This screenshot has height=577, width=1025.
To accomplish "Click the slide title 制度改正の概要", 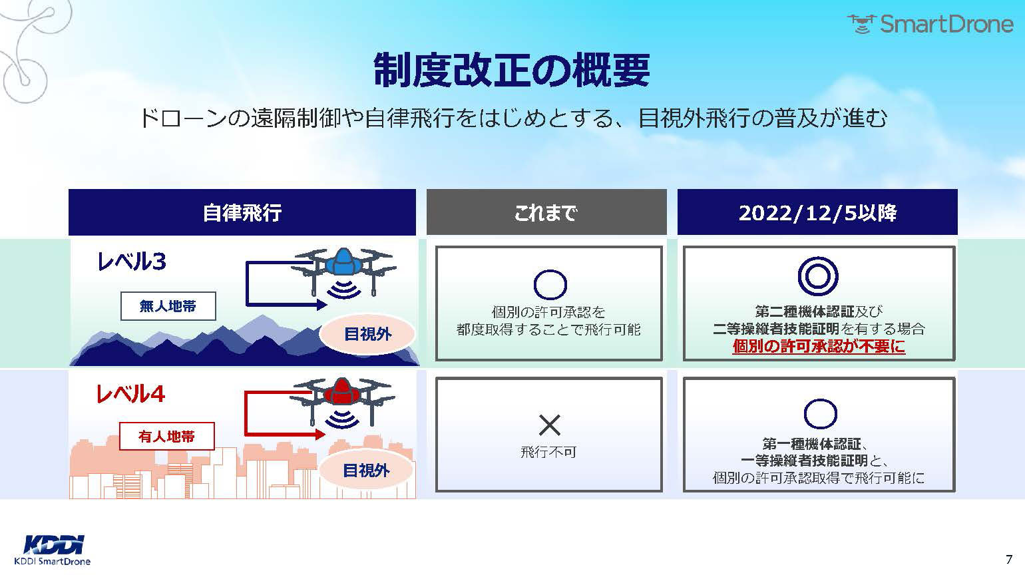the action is coord(512,71).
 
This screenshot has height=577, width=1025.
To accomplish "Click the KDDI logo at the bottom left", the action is coord(53,544).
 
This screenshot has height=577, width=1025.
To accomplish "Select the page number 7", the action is coord(1008,559).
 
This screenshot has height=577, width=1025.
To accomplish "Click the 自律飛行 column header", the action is coord(242,212).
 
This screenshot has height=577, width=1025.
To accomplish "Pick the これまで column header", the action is coord(546,212).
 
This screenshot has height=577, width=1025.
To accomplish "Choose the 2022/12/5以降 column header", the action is coord(817,212).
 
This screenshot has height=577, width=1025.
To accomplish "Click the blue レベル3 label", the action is coord(132,262).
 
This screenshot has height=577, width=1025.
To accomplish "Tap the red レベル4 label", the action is coord(130,394).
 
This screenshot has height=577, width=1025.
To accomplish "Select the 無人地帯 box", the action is coord(168,306).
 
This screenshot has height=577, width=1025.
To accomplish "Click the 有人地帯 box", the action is coord(167,437).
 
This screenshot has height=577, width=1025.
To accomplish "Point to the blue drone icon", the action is coord(344,273).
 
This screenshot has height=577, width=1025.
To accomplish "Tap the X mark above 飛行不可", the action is coord(549,425).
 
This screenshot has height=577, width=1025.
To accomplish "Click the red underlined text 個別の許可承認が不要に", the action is coord(819,346).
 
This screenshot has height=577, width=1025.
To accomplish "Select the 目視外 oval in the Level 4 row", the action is coord(367,471).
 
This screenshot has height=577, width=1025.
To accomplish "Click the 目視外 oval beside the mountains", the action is coord(367,334).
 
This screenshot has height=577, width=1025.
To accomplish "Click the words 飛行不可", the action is coord(548,453).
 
